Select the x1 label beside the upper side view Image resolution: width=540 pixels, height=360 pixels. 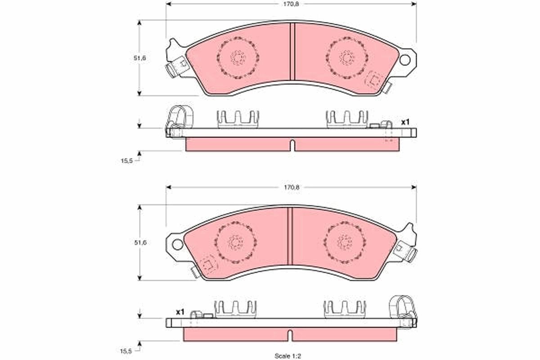[x=405, y=122]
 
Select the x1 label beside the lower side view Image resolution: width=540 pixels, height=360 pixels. [x=180, y=311]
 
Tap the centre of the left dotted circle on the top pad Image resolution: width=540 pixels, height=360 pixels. [x=237, y=58]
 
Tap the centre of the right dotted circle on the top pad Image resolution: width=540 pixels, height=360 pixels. [x=347, y=58]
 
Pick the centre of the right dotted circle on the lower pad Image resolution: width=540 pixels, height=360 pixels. [x=345, y=243]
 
